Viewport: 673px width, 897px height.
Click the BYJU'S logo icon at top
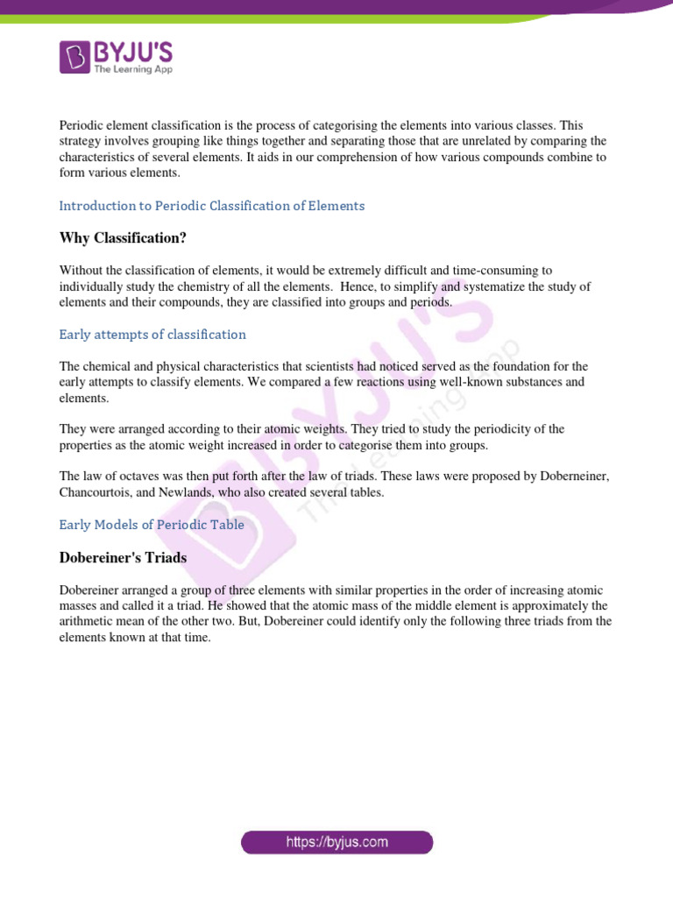74,56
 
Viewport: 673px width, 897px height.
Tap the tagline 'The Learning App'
133,68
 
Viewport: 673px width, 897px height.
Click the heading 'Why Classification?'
123,238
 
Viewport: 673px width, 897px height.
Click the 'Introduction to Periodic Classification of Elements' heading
211,206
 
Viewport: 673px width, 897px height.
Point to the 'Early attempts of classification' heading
152,335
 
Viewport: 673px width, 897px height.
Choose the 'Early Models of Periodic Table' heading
152,525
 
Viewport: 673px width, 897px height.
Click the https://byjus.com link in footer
337,843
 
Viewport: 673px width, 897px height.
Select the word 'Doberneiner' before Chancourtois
570,477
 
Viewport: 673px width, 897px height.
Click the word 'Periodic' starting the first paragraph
81,125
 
